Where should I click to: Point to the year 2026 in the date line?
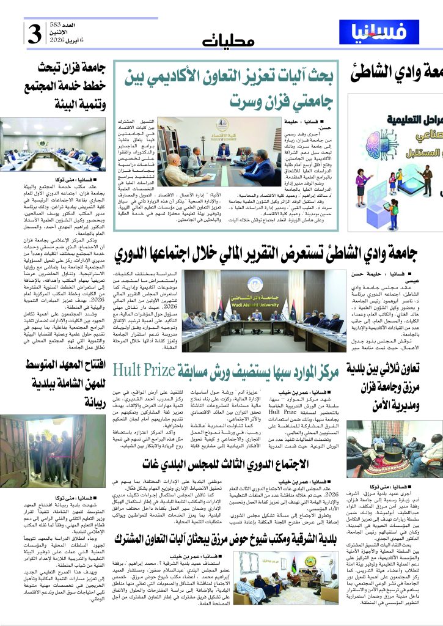click(59, 40)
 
